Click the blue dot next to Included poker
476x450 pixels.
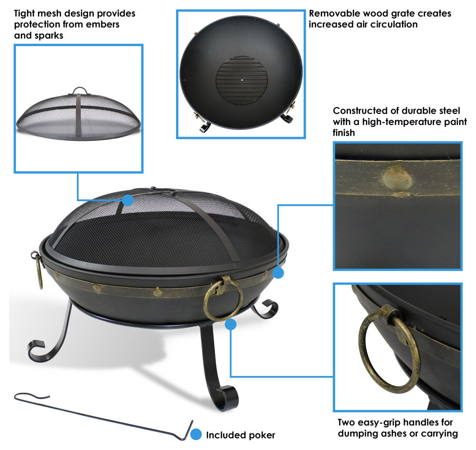tap(196, 434)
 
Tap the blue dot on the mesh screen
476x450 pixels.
tap(128, 200)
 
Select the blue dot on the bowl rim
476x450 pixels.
tap(278, 273)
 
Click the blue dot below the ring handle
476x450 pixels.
tap(231, 325)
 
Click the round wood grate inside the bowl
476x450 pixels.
tap(242, 80)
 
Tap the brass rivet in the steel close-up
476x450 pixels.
tap(397, 179)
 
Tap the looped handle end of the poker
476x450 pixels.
tap(32, 396)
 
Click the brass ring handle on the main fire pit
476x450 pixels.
tap(223, 299)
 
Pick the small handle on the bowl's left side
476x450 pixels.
tap(38, 268)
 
